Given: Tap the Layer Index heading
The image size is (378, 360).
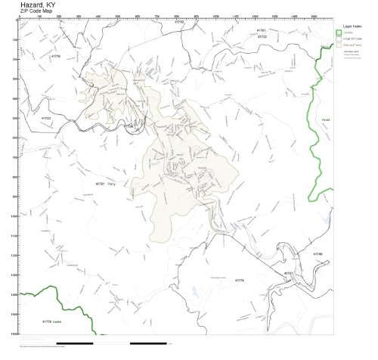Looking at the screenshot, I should (352, 25).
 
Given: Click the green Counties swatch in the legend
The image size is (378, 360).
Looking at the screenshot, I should (339, 33).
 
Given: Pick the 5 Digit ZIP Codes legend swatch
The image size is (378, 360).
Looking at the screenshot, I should (339, 39).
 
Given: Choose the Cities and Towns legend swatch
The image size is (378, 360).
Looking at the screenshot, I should (339, 45).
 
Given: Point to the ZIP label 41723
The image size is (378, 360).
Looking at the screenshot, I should (45, 118).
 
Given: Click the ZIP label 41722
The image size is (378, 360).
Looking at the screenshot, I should (262, 36).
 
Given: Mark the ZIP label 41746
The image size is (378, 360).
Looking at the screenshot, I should (318, 254).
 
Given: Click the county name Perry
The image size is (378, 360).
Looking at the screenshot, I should (111, 184).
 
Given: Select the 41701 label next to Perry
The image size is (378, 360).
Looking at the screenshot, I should (100, 184).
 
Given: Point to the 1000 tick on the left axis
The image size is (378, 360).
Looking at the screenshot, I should (14, 216).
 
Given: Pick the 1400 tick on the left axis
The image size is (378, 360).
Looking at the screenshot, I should (14, 294).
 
